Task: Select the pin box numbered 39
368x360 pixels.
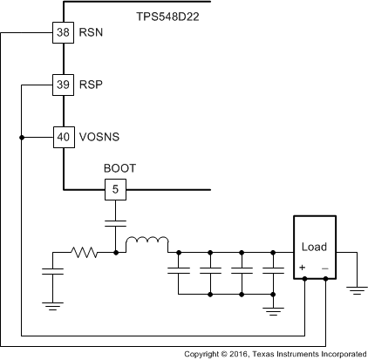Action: (x=64, y=85)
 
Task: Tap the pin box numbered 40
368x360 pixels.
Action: (x=64, y=137)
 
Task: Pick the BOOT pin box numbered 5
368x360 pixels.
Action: (x=115, y=188)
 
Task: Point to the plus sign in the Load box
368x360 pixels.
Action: (x=302, y=268)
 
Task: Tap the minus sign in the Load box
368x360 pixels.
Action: (x=324, y=268)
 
